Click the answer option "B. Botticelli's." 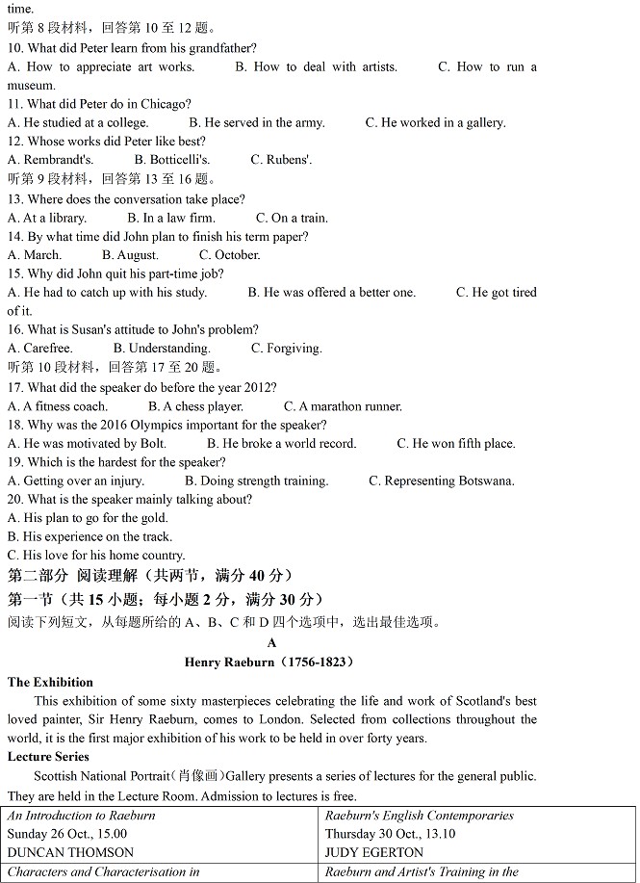coord(172,160)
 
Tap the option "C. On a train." coord(292,218)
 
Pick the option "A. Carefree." coord(39,349)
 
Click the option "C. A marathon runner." coord(343,406)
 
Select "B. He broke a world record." coord(281,444)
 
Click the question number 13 coord(15,199)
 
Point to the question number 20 coord(15,500)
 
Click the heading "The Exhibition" coord(50,683)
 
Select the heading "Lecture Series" coord(48,758)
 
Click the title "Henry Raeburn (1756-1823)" coord(269,662)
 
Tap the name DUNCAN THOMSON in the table coord(70,852)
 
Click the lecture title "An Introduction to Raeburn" coord(81,816)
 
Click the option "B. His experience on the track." coord(90,537)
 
